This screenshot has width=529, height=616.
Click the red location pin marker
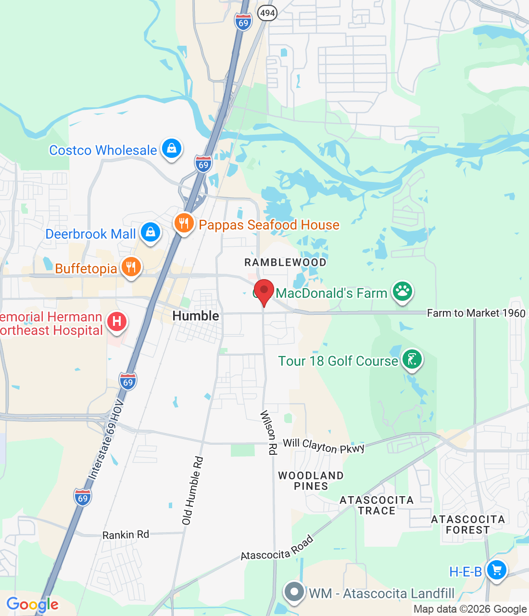[x=264, y=291]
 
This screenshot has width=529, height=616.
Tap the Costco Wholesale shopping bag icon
[x=171, y=149]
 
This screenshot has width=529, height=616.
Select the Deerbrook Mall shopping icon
[x=151, y=232]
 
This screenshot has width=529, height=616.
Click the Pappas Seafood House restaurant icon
[x=184, y=223]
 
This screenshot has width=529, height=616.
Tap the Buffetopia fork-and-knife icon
[x=131, y=267]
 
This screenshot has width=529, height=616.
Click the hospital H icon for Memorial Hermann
[x=117, y=321]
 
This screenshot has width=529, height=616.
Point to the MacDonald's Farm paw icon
[x=403, y=291]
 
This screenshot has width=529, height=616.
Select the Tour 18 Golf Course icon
[x=412, y=359]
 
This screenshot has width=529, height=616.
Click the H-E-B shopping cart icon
[x=496, y=570]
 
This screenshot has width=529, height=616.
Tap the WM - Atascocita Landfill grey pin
[x=294, y=591]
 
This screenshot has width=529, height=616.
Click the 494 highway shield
[x=267, y=13]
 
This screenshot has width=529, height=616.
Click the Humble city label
[x=196, y=316]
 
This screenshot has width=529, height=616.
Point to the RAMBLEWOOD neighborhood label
[x=285, y=262]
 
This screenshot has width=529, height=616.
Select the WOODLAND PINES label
[x=311, y=481]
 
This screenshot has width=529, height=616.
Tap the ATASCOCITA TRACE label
[x=377, y=505]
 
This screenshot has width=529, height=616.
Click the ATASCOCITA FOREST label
[x=468, y=525]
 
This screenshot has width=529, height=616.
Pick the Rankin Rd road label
[x=126, y=535]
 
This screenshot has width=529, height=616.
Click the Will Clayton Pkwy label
[x=324, y=446]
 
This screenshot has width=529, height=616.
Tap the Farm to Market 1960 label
[x=476, y=313]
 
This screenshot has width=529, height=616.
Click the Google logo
[x=32, y=604]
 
